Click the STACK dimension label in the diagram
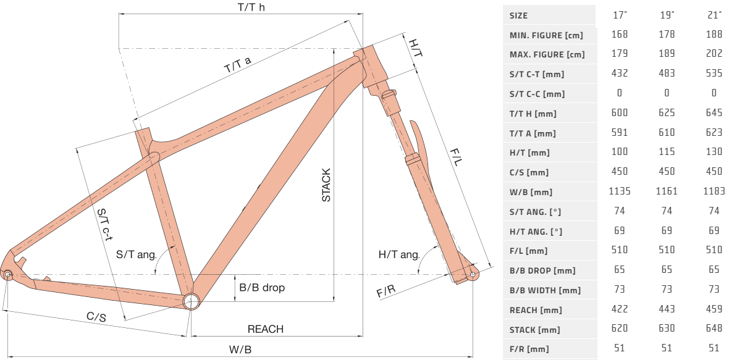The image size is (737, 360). (326, 185)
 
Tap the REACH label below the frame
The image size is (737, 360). (266, 329)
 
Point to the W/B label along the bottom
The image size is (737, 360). (240, 350)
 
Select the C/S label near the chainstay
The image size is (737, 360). (96, 317)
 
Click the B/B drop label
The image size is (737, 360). (262, 288)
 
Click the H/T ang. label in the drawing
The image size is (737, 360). (399, 255)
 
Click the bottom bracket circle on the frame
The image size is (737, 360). (192, 301)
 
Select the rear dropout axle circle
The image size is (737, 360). (8, 275)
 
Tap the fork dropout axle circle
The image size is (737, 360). (473, 274)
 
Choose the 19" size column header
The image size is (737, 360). (667, 15)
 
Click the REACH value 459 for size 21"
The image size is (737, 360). (714, 310)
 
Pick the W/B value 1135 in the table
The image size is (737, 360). (620, 191)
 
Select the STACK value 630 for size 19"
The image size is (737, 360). (667, 330)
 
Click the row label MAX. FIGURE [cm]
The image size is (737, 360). (547, 55)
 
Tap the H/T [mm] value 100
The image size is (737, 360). (620, 153)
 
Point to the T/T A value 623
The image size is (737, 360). (714, 133)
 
